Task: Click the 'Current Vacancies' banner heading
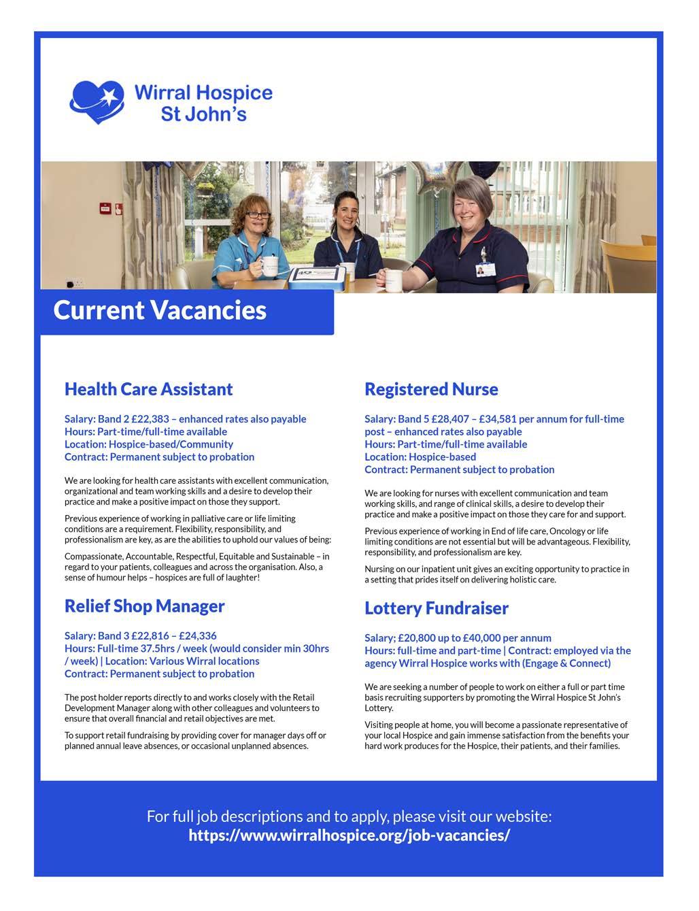coord(160,310)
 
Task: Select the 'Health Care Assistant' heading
coord(148,389)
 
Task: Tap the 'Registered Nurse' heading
coord(431,389)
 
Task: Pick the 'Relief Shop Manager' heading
coord(144,606)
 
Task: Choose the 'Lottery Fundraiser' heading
coord(436,608)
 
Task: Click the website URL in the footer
coord(349,835)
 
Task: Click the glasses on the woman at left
coord(258,214)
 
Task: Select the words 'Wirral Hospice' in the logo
coord(203,93)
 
